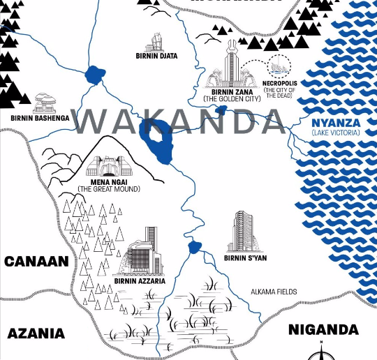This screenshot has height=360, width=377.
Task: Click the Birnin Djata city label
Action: click(x=156, y=56)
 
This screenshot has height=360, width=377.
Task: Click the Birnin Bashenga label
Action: click(x=40, y=118)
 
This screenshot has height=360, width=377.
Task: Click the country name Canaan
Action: click(x=36, y=262)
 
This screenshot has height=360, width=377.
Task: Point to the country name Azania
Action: click(x=36, y=333)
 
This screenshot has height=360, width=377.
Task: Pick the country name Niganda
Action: click(x=323, y=329)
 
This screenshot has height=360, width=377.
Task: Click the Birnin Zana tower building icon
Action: click(x=231, y=62)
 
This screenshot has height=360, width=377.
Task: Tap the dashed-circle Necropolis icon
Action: click(x=284, y=66)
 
